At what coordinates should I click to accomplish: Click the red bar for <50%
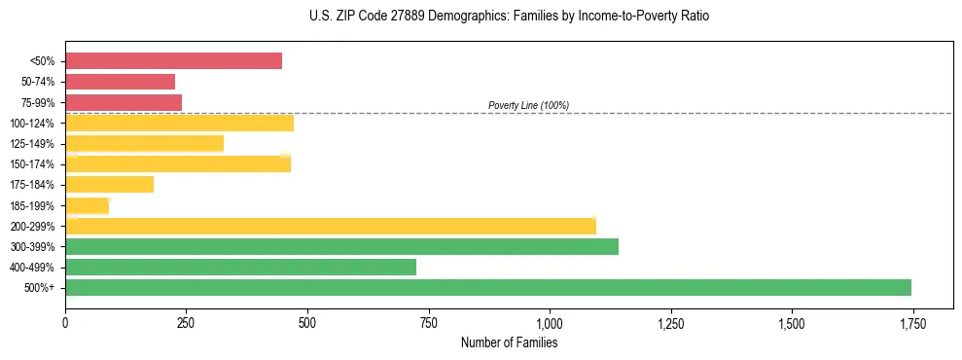pos(173,61)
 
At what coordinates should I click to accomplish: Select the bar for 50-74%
pos(120,82)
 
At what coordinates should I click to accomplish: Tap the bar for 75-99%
pos(124,102)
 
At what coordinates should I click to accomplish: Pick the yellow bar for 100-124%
pos(179,123)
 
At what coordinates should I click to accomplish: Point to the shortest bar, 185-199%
pos(87,205)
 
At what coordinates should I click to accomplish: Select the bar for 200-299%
pos(330,226)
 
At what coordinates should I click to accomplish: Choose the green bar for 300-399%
pos(341,246)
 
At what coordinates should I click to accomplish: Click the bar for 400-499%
pos(240,267)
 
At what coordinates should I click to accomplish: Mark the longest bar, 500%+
pos(487,287)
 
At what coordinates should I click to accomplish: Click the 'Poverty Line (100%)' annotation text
pos(528,105)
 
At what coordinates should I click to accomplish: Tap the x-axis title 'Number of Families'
pos(509,342)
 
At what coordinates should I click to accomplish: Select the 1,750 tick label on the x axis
pos(912,322)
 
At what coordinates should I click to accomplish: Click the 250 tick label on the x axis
pos(186,322)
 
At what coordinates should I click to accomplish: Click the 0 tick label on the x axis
pos(65,322)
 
